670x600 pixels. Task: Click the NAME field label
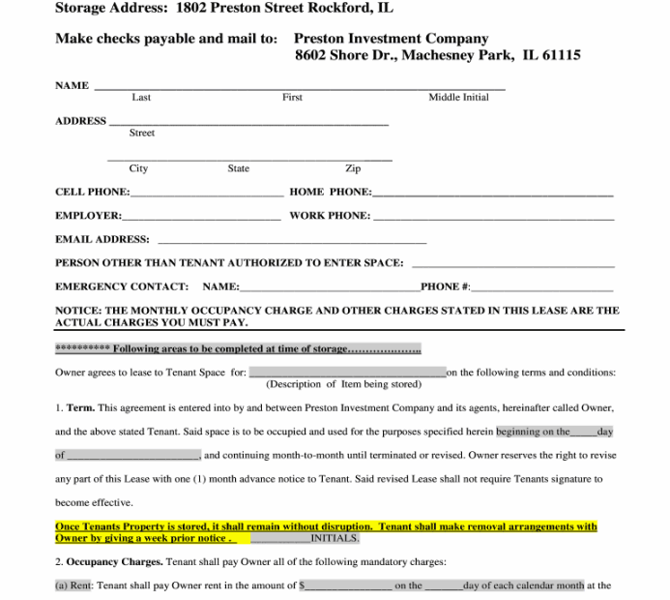72,85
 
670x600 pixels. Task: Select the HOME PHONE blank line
492,194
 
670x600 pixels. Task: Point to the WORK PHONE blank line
493,218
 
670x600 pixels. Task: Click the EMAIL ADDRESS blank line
291,241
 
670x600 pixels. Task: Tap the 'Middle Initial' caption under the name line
458,98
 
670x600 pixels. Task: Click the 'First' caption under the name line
292,98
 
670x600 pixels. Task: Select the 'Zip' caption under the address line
353,168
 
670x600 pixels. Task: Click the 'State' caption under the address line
238,168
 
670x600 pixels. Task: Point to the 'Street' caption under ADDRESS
142,133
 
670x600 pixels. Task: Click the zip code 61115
561,55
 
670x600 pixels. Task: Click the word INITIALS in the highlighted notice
334,538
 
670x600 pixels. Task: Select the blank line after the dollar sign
349,586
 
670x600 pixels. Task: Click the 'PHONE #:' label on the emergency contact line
446,286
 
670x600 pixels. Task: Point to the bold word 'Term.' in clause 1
80,407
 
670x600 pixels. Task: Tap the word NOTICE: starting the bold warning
78,311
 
